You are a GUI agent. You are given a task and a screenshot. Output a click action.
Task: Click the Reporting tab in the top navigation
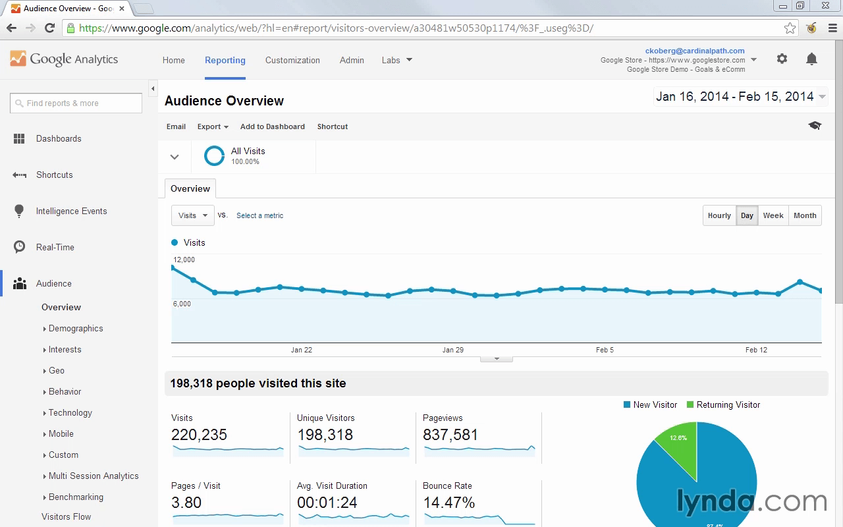click(x=225, y=60)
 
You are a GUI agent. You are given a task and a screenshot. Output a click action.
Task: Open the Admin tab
click(x=352, y=60)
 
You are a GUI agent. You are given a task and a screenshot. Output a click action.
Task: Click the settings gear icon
click(x=782, y=59)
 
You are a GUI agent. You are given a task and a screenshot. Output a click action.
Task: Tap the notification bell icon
click(x=811, y=59)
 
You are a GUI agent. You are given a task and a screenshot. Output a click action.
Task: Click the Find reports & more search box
click(x=76, y=103)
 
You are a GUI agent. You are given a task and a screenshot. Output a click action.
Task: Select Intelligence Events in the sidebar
click(x=72, y=211)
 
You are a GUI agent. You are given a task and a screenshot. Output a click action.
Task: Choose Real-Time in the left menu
click(x=55, y=247)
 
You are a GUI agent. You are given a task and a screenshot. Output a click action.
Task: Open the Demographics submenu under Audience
click(x=76, y=328)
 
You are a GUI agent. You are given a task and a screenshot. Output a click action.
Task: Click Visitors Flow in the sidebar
click(x=67, y=516)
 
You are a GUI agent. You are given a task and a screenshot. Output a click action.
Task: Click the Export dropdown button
click(x=213, y=126)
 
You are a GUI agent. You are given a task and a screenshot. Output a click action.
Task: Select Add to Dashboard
click(x=273, y=126)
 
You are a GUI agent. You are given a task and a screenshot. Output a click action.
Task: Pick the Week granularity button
click(x=773, y=215)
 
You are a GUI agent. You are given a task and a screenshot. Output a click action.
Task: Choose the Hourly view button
click(x=719, y=215)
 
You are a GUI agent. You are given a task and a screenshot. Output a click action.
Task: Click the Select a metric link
click(x=259, y=215)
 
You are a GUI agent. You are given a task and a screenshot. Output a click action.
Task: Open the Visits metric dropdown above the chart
click(x=193, y=215)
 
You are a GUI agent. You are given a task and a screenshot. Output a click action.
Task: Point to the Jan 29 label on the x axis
click(x=452, y=350)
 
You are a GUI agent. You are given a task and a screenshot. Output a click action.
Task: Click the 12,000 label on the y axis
click(x=184, y=260)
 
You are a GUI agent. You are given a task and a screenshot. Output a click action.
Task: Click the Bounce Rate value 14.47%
click(x=449, y=503)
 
